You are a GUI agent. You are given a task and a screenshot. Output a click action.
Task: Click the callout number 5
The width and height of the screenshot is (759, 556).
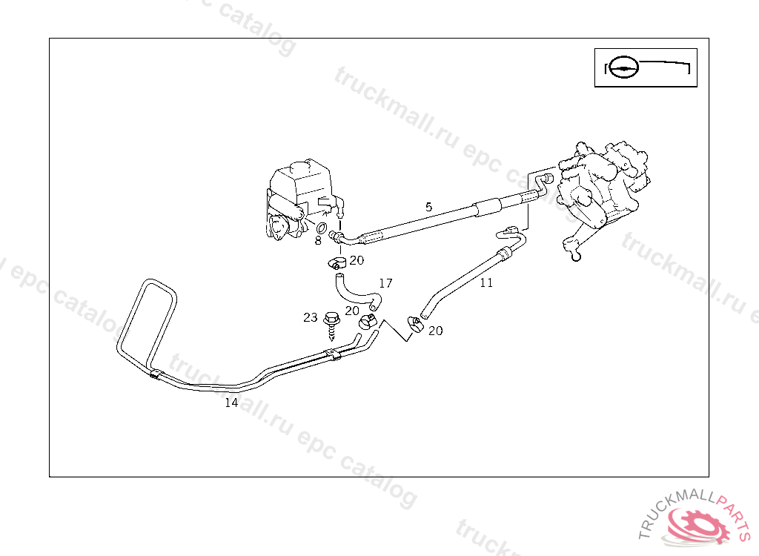(x=428, y=207)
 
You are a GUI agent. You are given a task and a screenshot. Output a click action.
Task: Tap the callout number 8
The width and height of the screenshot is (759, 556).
(x=317, y=240)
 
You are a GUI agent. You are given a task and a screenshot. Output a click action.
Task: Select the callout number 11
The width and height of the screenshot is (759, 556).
(x=486, y=282)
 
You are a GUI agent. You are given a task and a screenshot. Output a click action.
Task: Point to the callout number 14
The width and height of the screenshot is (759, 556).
(x=231, y=403)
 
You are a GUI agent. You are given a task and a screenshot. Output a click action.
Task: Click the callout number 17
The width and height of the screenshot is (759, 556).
(x=385, y=283)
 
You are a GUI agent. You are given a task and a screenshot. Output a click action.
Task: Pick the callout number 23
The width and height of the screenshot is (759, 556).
(x=310, y=317)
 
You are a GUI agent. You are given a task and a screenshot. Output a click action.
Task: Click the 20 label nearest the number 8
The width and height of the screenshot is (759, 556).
(x=357, y=260)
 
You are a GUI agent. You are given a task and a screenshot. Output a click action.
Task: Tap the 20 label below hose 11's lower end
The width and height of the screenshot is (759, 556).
(x=435, y=331)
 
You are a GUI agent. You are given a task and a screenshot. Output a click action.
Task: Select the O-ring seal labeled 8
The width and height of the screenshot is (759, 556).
(x=323, y=228)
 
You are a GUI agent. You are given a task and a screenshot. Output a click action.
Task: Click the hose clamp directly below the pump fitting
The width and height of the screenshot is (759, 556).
(x=336, y=262)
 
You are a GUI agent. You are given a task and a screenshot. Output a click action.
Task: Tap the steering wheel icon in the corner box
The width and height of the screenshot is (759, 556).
(x=623, y=67)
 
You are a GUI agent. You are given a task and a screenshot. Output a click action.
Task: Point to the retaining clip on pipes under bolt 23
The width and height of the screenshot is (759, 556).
(x=335, y=357)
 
